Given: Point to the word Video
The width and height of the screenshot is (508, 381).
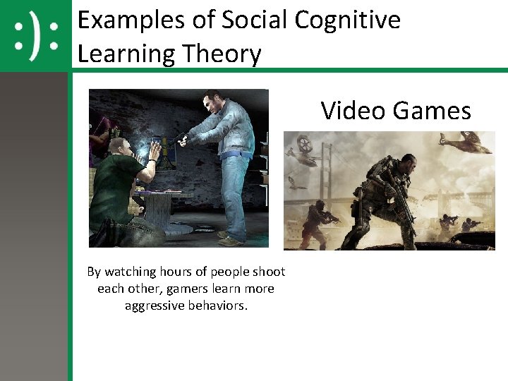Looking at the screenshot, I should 353,111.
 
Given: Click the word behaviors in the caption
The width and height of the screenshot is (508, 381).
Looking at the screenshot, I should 219,306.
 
